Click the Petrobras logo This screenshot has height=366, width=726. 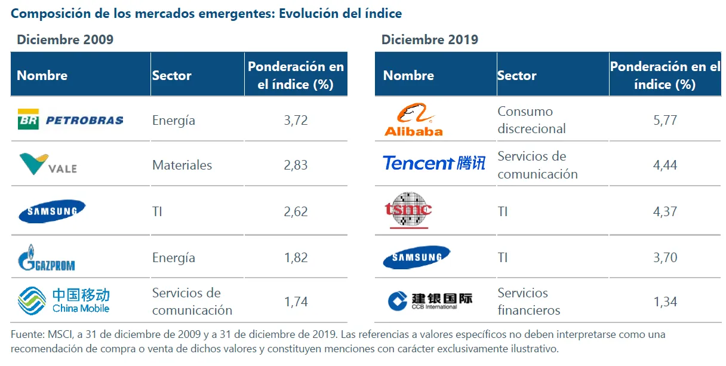click(x=70, y=120)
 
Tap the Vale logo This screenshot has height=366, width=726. click(x=48, y=164)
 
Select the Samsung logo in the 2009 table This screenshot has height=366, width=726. click(x=52, y=211)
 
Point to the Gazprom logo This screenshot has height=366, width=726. click(x=47, y=258)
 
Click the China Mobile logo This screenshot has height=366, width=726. click(x=64, y=301)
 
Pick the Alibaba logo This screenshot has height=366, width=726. click(x=413, y=119)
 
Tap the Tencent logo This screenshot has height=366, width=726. click(x=433, y=163)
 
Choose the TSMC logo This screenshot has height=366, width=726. click(x=408, y=210)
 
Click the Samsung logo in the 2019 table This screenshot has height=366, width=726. click(x=416, y=257)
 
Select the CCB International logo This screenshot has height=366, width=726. click(x=429, y=301)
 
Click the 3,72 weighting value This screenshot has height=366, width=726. click(x=296, y=120)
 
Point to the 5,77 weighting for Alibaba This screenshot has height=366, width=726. click(x=665, y=120)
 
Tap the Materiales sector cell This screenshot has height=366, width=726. click(x=182, y=165)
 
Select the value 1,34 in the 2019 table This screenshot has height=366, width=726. click(x=665, y=302)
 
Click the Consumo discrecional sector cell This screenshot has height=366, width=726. click(x=531, y=120)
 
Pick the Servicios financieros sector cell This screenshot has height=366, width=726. click(x=529, y=302)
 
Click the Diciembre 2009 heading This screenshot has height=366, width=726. click(x=65, y=40)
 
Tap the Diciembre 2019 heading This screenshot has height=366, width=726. click(x=430, y=40)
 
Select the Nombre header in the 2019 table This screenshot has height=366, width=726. click(x=408, y=75)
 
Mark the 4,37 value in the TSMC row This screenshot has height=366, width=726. click(x=665, y=211)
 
